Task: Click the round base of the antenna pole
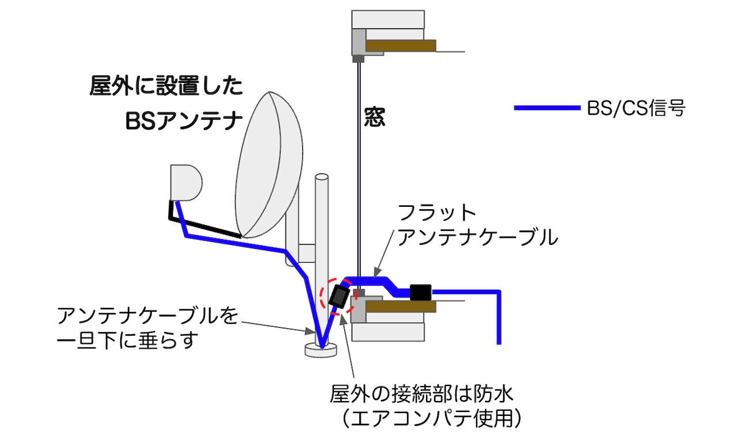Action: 320,350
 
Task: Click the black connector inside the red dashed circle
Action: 338,297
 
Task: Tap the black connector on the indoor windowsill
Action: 421,292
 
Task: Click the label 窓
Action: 374,118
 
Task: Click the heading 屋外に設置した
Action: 166,88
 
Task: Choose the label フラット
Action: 438,213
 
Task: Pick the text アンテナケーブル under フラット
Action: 478,237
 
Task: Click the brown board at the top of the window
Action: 401,46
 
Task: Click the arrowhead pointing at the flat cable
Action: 377,271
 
